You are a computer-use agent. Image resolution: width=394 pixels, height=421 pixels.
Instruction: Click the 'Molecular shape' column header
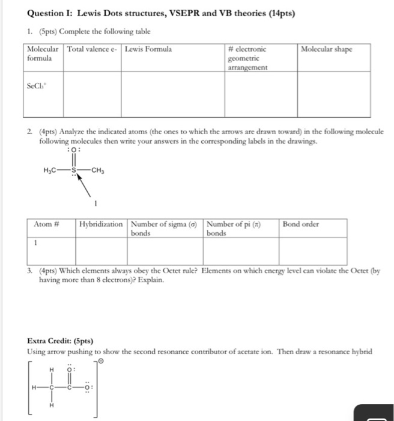[x=327, y=49]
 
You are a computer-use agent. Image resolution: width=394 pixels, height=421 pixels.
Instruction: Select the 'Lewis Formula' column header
[x=148, y=49]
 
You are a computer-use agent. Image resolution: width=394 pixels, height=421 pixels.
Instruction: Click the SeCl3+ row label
[x=38, y=86]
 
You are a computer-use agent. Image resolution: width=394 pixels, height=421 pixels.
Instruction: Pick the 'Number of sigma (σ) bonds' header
[x=165, y=229]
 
